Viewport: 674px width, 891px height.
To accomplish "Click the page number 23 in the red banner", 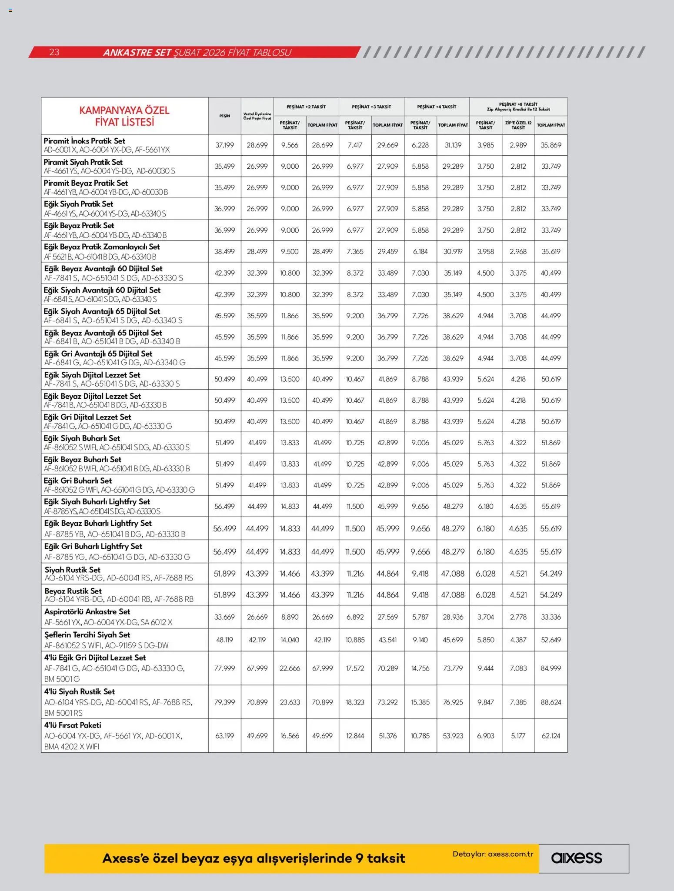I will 54,52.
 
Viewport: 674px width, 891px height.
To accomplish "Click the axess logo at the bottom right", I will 576,858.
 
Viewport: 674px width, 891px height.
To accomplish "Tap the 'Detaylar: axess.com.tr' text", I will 493,854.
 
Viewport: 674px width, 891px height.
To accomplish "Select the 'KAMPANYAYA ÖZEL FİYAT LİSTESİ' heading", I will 124,116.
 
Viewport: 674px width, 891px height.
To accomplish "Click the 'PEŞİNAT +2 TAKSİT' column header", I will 306,107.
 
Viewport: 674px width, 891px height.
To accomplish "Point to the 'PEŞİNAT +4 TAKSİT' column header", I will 437,107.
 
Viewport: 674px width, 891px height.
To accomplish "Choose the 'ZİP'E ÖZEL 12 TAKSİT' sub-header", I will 518,125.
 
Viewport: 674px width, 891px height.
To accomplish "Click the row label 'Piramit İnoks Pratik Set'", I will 84,141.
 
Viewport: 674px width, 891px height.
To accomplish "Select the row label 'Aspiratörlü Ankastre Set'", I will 87,611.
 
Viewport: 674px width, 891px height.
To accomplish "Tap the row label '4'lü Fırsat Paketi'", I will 73,725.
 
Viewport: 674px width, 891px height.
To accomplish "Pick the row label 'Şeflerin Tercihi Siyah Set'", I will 87,634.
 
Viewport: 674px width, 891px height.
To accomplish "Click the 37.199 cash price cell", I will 224,145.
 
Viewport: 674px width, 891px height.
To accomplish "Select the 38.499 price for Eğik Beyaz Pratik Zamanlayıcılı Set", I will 224,251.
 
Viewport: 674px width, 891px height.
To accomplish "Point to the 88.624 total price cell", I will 551,702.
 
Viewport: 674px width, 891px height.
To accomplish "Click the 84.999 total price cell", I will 551,668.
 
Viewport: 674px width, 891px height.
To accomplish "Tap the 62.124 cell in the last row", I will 551,736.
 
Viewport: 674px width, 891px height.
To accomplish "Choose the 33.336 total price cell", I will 551,617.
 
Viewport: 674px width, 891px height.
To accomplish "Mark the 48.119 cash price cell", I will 224,640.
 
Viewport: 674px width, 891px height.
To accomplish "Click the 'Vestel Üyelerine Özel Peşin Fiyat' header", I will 257,116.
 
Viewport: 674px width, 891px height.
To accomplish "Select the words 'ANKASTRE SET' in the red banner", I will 137,53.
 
